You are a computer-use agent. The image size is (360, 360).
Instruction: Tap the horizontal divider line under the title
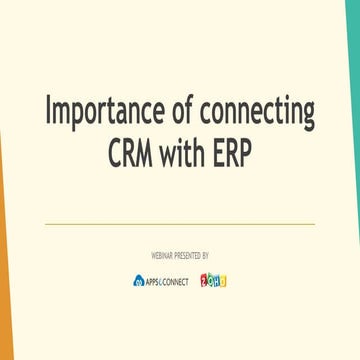pyautogui.click(x=180, y=224)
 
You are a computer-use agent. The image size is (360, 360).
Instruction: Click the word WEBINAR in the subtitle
pyautogui.click(x=160, y=256)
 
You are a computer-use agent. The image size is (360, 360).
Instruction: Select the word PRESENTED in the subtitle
pyautogui.click(x=186, y=256)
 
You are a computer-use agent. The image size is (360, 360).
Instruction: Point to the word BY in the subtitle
pyautogui.click(x=205, y=256)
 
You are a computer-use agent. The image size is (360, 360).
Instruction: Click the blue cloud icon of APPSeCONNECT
pyautogui.click(x=138, y=281)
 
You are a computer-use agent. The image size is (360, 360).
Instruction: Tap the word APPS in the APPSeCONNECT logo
pyautogui.click(x=153, y=281)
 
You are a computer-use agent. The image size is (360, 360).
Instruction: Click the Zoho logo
pyautogui.click(x=213, y=280)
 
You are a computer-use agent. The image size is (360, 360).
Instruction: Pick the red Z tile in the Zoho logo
pyautogui.click(x=204, y=280)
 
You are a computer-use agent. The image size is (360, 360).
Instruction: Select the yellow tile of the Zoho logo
pyautogui.click(x=223, y=281)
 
